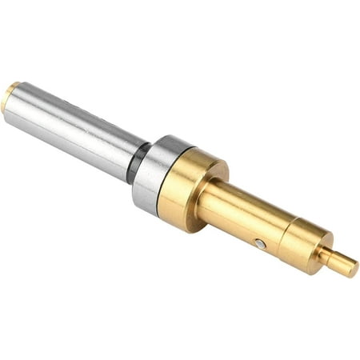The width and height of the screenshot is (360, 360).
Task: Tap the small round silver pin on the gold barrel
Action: [260, 243]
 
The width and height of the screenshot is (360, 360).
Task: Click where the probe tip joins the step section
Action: [322, 254]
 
